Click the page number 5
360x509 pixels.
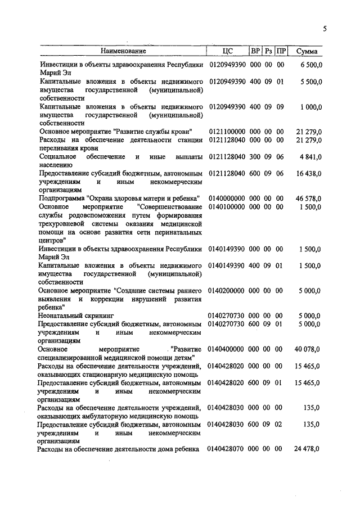coord(325,29)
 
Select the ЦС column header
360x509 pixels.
coord(227,52)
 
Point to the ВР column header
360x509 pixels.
coord(255,52)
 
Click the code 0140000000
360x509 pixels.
coord(227,199)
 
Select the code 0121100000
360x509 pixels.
coord(227,132)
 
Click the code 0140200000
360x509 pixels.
coord(227,291)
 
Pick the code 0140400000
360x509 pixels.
coord(227,350)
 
